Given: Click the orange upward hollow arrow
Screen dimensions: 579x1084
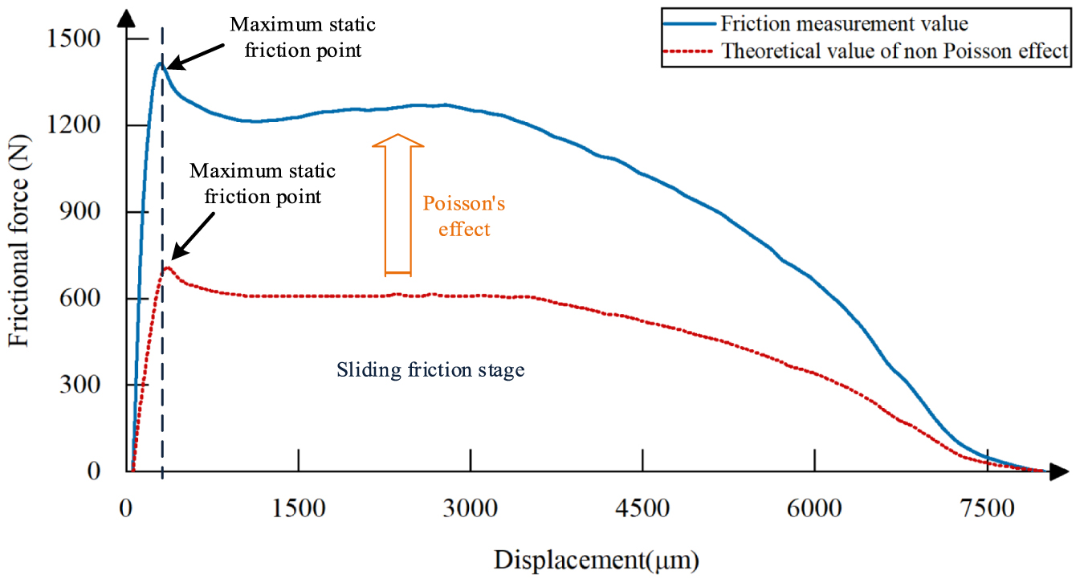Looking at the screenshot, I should [397, 206].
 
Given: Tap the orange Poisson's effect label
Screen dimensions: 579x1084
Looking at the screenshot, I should [463, 216].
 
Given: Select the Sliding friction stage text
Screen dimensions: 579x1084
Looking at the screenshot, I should [430, 369].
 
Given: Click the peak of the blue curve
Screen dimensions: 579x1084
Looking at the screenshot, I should [161, 63].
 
